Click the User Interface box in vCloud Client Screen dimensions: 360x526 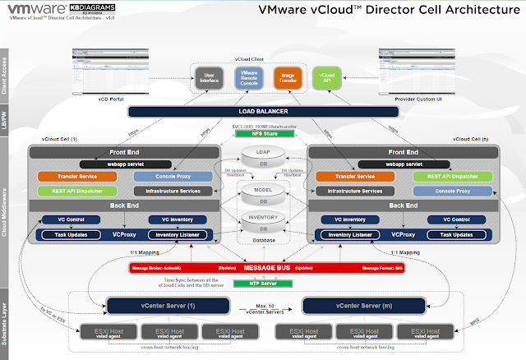(209, 79)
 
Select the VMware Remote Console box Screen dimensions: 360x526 (247, 79)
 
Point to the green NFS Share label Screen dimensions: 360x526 (262, 133)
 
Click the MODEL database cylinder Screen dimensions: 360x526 (263, 194)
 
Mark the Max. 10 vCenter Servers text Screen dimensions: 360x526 (258, 308)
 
